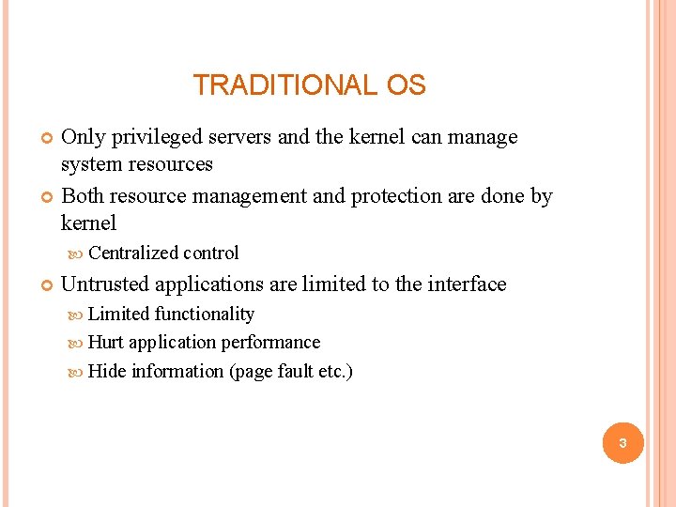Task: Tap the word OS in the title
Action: point(406,85)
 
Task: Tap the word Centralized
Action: point(133,253)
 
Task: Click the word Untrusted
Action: point(105,284)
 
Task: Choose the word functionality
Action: point(205,314)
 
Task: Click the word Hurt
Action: point(106,342)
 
